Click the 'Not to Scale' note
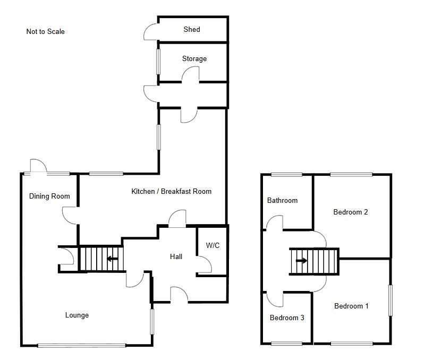tap(45, 31)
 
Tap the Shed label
tap(192, 29)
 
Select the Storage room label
tap(194, 58)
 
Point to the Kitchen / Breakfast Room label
tap(171, 191)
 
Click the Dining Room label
tap(49, 196)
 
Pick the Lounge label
tap(77, 315)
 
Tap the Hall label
tap(176, 256)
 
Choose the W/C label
tap(213, 245)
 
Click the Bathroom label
tap(283, 200)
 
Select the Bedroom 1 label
tap(351, 306)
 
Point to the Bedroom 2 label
tap(351, 212)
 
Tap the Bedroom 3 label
tap(287, 318)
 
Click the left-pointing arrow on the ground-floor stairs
tap(112, 259)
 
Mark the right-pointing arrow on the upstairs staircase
tap(301, 261)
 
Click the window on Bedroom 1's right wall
tap(390, 300)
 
